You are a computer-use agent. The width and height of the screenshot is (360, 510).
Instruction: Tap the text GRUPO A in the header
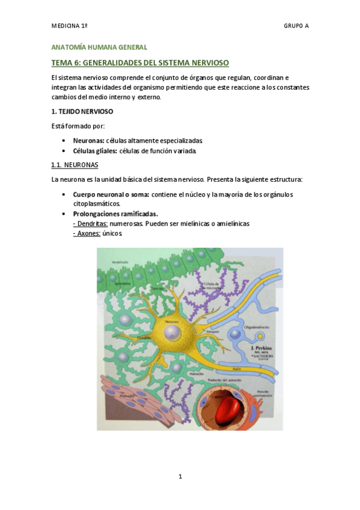(296, 26)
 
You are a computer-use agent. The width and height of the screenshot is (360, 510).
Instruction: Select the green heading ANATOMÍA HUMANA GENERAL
(99, 47)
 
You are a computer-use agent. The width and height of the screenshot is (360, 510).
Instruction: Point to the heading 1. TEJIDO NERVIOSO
(82, 111)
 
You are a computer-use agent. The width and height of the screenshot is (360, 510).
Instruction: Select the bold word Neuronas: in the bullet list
(88, 140)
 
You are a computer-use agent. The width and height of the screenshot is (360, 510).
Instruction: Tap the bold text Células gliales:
(95, 150)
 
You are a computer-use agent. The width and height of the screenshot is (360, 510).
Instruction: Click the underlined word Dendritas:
(90, 223)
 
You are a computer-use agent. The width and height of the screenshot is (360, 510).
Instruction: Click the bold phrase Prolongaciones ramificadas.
(115, 214)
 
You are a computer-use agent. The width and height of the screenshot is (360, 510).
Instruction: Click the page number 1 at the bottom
(180, 477)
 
